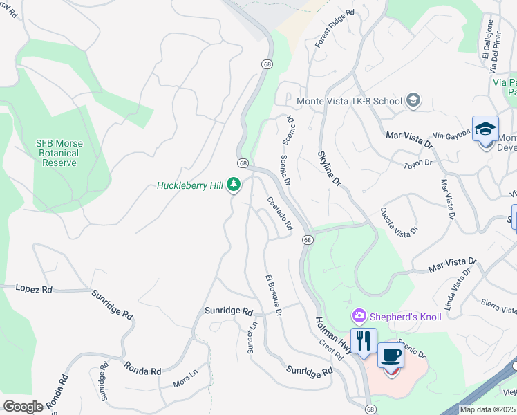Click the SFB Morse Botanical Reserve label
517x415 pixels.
pos(59,153)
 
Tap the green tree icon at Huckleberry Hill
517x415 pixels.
pos(234,185)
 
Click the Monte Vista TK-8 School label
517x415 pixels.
pos(349,101)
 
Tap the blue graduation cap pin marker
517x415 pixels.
pos(485,129)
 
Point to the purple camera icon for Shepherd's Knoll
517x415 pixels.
pos(358,316)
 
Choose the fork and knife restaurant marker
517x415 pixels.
pos(363,341)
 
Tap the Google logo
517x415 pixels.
pos(23,407)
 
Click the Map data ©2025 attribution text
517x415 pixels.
pos(487,409)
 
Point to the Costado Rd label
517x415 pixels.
pos(281,214)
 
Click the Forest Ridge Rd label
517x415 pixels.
pos(335,28)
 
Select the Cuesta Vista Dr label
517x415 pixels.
pos(399,221)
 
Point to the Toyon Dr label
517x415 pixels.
pos(418,164)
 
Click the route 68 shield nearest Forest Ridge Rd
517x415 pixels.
pos(267,64)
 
